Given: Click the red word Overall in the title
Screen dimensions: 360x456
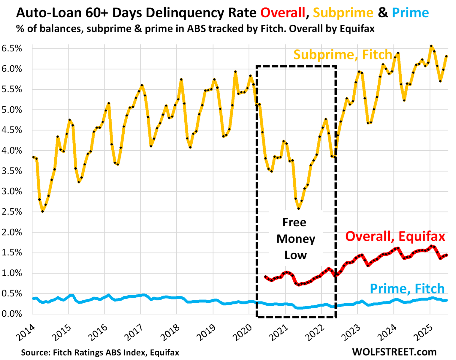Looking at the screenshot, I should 283,13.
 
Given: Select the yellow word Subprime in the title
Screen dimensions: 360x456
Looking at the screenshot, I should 343,13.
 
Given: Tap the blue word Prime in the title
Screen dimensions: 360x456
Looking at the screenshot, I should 410,13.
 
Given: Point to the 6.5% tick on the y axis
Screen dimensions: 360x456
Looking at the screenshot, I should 12,48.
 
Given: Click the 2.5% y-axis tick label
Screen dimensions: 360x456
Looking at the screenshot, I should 12,212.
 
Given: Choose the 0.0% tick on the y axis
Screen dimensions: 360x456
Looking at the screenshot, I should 12,314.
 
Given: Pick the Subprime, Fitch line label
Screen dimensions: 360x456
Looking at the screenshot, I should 343,55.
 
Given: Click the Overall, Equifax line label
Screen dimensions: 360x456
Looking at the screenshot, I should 395,236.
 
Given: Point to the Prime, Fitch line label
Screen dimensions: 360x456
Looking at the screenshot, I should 407,289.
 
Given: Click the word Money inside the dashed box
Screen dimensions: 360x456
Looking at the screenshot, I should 296,239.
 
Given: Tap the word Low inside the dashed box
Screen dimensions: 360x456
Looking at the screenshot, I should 295,255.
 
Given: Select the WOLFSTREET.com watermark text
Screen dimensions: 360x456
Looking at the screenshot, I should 394,352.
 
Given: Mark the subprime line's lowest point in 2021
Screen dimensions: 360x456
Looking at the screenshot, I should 299,209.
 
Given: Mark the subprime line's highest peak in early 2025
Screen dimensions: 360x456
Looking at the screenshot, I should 431,46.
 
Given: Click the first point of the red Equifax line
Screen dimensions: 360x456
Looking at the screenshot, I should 265,277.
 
